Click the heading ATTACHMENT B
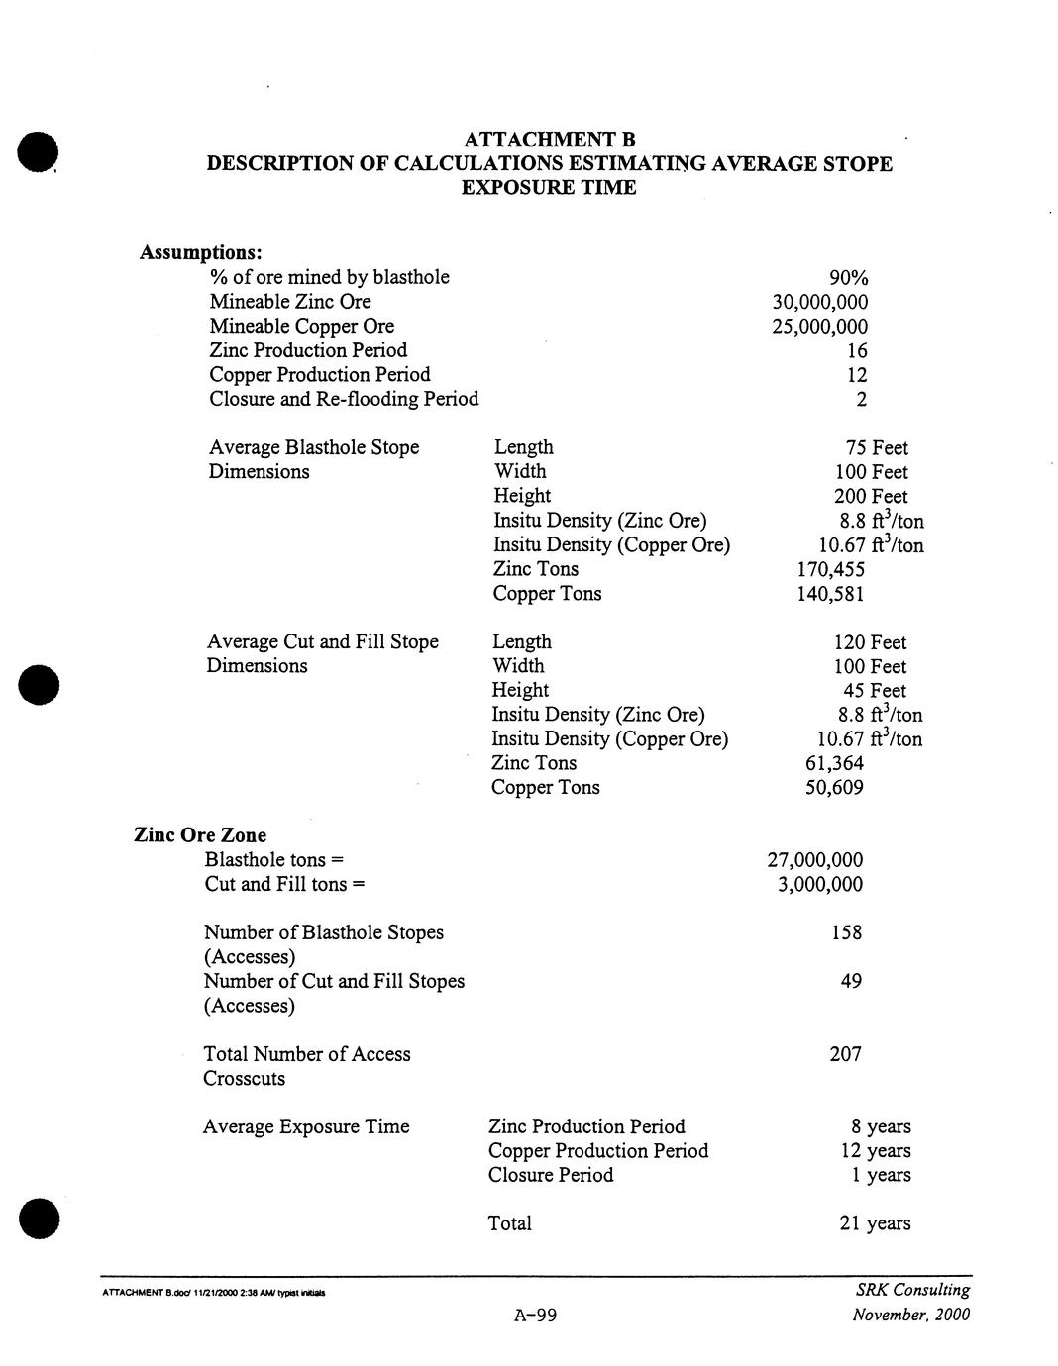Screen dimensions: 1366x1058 [548, 140]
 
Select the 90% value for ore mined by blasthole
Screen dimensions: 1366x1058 [848, 278]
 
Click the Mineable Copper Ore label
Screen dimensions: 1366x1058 [301, 327]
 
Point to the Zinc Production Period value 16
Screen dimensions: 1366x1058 [857, 351]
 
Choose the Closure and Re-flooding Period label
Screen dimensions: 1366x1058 [344, 399]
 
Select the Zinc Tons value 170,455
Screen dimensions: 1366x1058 [830, 569]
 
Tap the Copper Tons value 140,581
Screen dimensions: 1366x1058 [830, 594]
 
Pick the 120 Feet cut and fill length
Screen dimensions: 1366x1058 [870, 642]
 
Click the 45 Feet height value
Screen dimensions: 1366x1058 [874, 691]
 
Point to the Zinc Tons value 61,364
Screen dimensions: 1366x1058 [834, 763]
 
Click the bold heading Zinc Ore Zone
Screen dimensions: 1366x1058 [200, 835]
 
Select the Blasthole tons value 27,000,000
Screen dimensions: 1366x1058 [814, 860]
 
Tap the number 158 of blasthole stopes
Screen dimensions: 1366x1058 [846, 932]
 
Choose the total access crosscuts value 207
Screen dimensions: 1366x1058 [845, 1054]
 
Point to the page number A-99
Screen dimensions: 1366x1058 [536, 1316]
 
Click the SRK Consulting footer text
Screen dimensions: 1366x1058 [911, 1290]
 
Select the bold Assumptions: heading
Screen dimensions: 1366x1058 [200, 253]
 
